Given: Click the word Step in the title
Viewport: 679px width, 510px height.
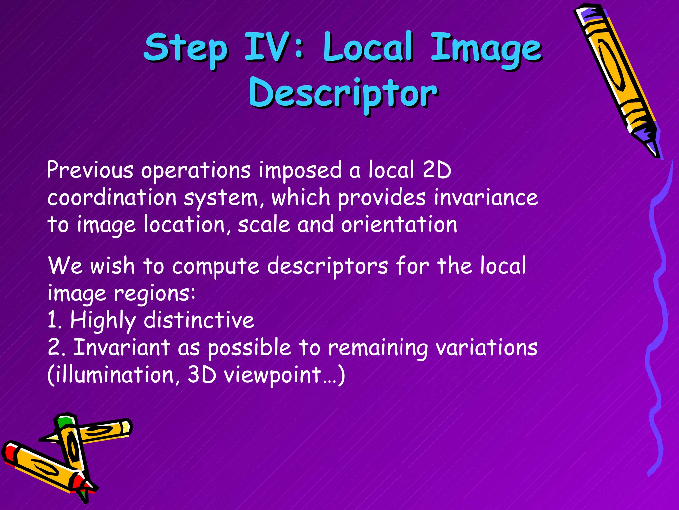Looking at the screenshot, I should [186, 48].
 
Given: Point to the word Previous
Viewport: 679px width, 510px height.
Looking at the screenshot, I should [90, 170].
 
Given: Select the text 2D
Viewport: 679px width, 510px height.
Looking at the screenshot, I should [437, 170].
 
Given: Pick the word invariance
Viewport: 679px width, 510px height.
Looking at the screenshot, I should [486, 198].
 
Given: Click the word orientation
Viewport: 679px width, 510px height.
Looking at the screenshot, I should [399, 225].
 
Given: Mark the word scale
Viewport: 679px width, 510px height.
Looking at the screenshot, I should [264, 225].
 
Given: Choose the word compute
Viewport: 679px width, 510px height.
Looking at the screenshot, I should [216, 266].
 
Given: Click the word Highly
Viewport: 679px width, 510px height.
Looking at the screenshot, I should [103, 321].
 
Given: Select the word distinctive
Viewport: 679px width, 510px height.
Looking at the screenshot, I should [199, 320].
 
